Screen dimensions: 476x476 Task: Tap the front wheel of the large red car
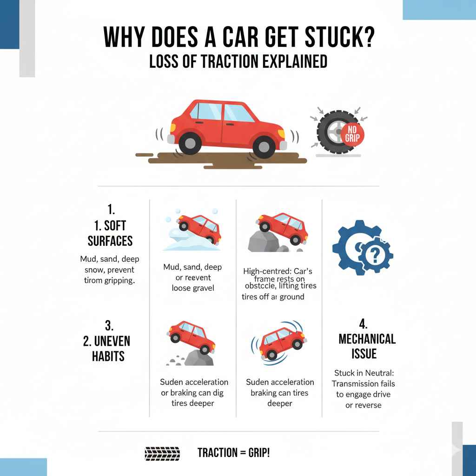click(263, 145)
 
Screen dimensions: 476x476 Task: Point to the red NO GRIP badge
click(352, 135)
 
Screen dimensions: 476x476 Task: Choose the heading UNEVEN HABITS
click(106, 348)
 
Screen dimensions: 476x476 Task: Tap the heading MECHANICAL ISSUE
click(367, 346)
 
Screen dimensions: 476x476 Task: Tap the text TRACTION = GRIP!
click(233, 453)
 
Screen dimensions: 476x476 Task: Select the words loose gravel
click(192, 288)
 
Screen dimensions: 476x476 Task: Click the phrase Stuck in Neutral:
click(364, 373)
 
